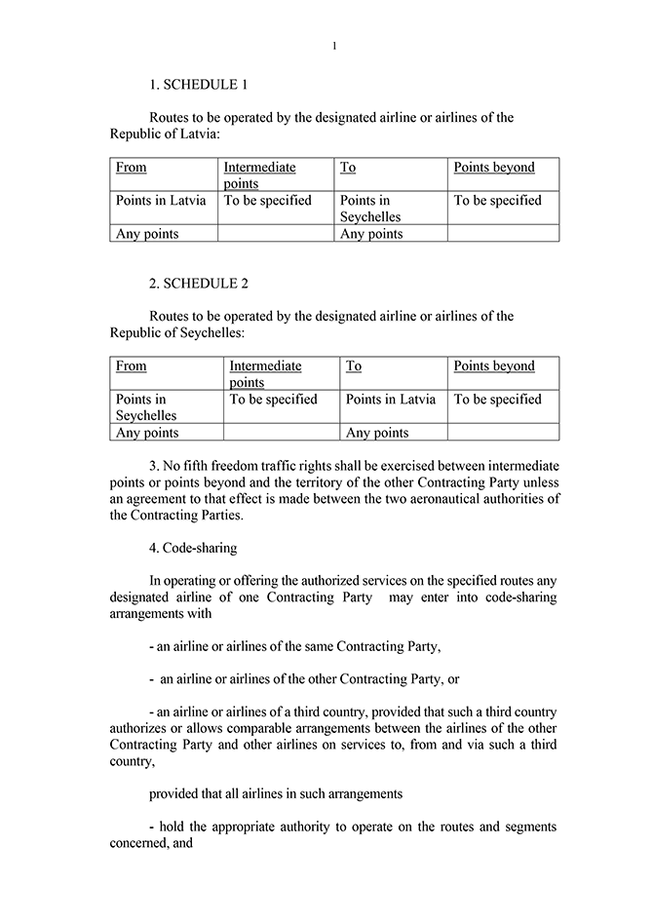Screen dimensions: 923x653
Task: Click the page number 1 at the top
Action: (333, 46)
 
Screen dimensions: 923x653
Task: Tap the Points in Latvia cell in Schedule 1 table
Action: (161, 201)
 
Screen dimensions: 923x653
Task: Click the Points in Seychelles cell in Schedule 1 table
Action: (370, 209)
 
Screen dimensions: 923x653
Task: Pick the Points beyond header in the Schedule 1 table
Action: (494, 168)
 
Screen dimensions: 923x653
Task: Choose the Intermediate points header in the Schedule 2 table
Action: (265, 374)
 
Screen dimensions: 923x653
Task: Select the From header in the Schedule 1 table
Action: (132, 168)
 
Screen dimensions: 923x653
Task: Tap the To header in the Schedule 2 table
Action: (354, 366)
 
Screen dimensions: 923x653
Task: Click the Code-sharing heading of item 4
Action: (199, 548)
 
